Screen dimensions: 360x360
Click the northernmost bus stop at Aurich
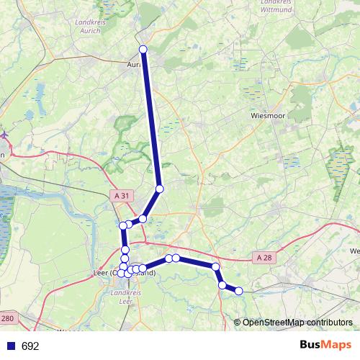tap(143, 49)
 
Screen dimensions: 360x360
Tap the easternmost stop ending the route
tap(239, 291)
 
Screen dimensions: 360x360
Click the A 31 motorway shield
tap(123, 196)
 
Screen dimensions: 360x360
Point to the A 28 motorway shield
tap(264, 257)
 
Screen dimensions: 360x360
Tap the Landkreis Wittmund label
tap(276, 6)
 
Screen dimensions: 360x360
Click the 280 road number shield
tap(7, 318)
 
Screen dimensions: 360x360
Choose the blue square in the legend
tap(11, 346)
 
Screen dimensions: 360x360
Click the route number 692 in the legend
tap(30, 346)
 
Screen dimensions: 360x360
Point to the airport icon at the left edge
tap(4, 134)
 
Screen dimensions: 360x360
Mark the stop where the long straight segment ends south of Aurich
tap(160, 189)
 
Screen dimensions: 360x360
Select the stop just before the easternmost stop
tap(222, 285)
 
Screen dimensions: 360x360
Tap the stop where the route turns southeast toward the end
tap(215, 267)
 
